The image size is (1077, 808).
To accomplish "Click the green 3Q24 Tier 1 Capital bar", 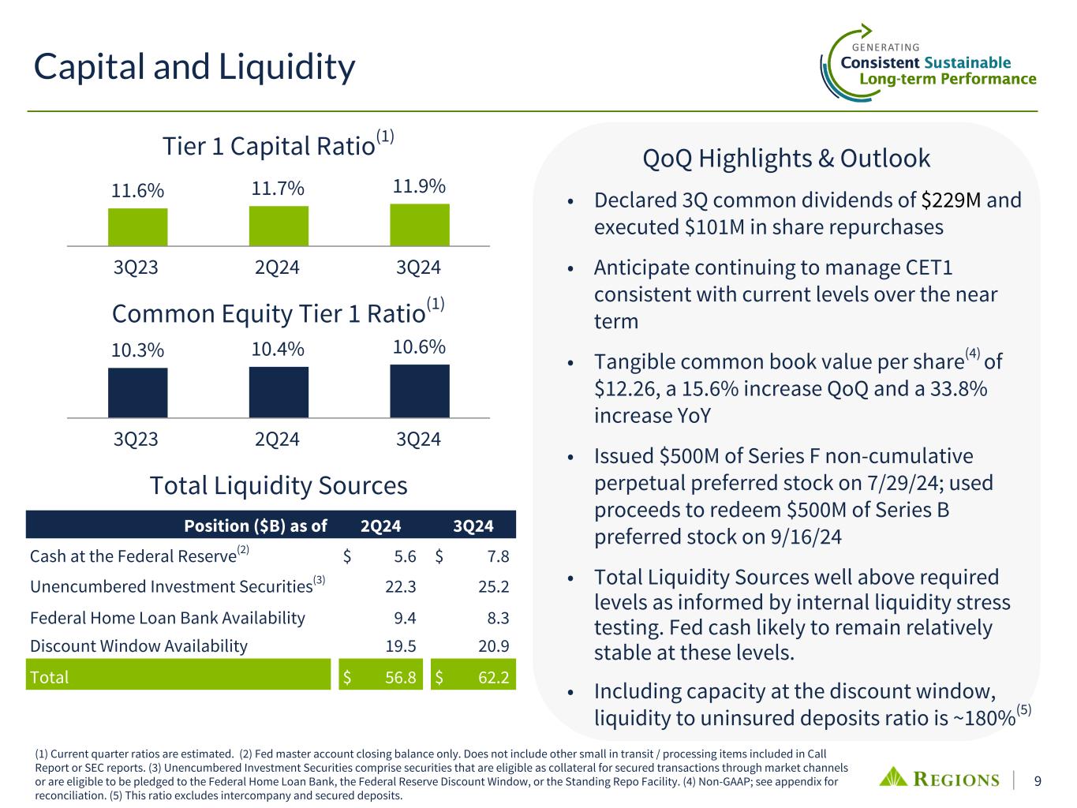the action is pos(420,225).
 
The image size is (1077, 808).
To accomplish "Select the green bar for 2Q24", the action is pos(279,226).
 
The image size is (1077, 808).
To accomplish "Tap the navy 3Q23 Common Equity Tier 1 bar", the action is pos(138,392).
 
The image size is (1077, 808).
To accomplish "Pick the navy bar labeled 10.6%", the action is pos(420,391).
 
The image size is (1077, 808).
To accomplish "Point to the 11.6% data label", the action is pos(137,190).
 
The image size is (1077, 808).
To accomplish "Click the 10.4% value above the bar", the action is pos(278,350).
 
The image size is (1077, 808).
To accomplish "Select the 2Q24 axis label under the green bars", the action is pos(277,267).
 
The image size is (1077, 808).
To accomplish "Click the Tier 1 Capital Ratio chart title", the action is pos(278,144).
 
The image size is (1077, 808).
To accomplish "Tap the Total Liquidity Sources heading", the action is pos(279,486).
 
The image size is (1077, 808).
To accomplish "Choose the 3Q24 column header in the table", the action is pos(473,526).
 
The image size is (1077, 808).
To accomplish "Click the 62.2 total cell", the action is pos(493,678).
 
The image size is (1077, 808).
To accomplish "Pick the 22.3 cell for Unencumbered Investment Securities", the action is pos(400,587).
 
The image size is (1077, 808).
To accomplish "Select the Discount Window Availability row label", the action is pos(138,646).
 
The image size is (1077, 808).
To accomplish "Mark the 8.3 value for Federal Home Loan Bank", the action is pos(498,618).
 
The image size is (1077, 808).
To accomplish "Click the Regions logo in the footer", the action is pos(939,779).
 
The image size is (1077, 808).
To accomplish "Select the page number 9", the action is pos(1038,781).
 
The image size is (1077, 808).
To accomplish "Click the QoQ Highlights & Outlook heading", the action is pos(786,159).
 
